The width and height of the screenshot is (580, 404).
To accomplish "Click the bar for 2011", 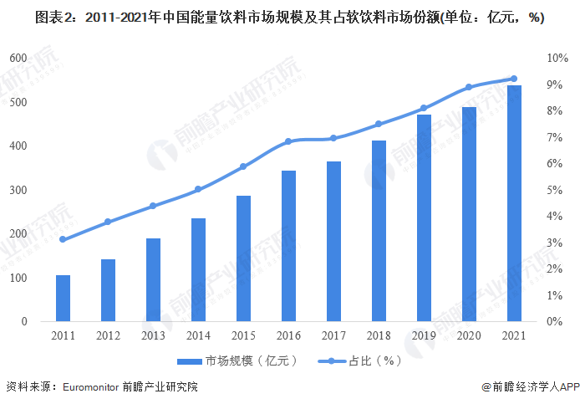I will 63,299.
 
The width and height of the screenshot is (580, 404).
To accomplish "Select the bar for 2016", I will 288,246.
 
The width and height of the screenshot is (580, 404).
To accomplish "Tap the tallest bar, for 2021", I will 514,203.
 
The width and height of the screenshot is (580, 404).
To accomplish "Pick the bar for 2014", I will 198,270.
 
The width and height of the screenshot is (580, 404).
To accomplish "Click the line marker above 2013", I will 153,206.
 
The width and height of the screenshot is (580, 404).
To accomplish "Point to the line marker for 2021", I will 514,79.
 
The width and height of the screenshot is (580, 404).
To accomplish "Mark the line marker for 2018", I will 379,124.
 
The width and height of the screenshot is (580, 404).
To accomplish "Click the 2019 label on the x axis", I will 424,335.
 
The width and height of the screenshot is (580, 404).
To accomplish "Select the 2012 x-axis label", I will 108,335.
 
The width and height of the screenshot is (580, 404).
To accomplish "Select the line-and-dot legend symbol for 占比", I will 332,361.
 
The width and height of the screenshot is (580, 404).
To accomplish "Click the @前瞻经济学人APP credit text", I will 531,387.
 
